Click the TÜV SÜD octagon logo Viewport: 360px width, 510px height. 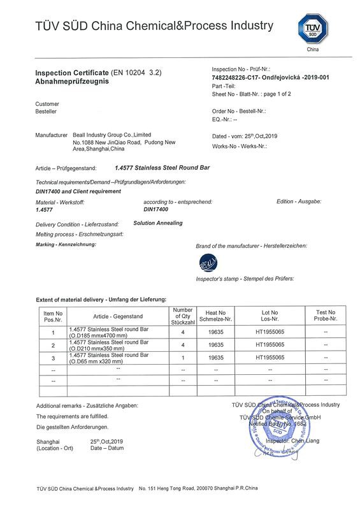312,29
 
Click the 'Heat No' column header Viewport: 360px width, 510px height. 213,315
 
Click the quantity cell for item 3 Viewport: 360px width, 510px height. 183,358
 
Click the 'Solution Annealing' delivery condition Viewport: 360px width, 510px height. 158,223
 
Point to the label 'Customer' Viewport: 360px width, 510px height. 47,104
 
